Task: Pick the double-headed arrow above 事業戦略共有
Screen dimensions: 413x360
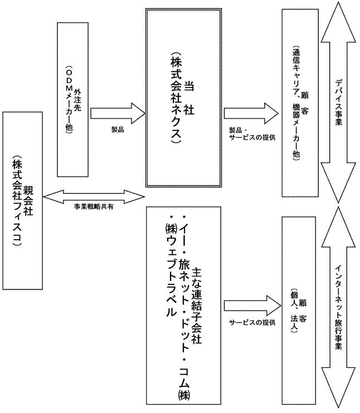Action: tap(93, 195)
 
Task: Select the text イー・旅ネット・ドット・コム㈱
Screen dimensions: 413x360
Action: tap(183, 307)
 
